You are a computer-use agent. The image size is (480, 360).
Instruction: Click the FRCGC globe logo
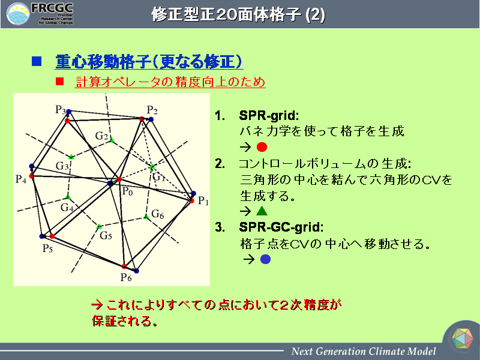(18, 14)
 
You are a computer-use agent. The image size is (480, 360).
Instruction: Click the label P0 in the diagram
(127, 191)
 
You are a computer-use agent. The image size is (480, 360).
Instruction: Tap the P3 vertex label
(61, 109)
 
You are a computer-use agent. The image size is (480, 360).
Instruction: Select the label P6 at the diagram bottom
(126, 277)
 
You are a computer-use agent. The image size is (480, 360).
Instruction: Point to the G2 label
(101, 136)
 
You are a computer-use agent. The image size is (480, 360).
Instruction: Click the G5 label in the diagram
(106, 235)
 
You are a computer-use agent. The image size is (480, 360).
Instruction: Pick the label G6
(158, 214)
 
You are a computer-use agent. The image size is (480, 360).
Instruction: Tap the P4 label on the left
(21, 179)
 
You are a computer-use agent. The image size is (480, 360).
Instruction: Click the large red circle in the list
(262, 147)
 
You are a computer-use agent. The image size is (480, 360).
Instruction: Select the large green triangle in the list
(262, 211)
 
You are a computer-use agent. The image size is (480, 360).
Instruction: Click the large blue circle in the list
(265, 259)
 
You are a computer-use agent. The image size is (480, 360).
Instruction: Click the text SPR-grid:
(269, 115)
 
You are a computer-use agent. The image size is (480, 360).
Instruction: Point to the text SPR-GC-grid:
(281, 227)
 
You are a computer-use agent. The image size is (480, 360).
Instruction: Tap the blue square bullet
(37, 61)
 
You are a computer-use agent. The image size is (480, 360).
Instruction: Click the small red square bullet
(59, 82)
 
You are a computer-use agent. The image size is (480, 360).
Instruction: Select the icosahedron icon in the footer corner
(462, 338)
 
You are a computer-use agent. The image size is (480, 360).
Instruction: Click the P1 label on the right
(203, 201)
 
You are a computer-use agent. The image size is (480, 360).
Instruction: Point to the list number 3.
(220, 227)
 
